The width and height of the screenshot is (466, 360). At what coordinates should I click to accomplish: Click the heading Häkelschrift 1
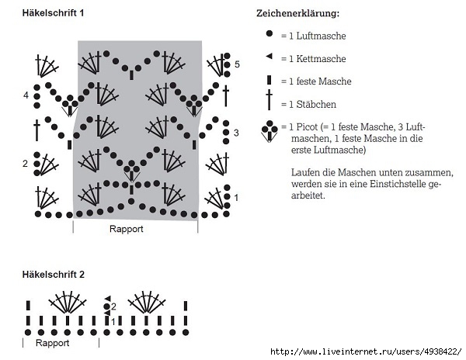point(53,13)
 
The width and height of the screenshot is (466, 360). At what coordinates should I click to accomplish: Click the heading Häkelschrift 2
point(54,275)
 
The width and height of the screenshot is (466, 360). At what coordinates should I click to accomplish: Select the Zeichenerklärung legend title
point(297,13)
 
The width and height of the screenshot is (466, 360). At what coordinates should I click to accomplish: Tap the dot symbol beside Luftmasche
point(270,33)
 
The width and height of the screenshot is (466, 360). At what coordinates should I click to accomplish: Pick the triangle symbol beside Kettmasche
point(270,56)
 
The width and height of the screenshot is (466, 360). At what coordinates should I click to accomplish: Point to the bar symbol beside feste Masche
point(270,80)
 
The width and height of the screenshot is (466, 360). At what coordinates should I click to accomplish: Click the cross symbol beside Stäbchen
point(270,100)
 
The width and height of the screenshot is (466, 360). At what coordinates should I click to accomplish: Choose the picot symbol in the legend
point(270,131)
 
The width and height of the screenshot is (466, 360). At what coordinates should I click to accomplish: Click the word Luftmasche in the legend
point(322,36)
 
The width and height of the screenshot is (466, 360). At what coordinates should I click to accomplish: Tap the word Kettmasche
point(321,59)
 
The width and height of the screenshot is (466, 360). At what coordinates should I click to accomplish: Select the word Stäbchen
point(316,104)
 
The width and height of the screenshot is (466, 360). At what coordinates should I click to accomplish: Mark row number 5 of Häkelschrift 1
point(237,64)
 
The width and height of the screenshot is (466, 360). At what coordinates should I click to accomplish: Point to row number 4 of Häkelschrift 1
point(26,95)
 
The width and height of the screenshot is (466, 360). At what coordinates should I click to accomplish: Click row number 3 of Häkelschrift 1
point(236,133)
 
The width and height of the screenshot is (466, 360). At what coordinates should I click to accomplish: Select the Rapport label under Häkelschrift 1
point(127,229)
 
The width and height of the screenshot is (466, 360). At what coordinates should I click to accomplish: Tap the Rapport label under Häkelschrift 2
point(52,343)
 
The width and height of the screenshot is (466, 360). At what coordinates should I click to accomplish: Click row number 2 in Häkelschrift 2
point(113,306)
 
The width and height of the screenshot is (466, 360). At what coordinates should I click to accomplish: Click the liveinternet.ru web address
point(366,352)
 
